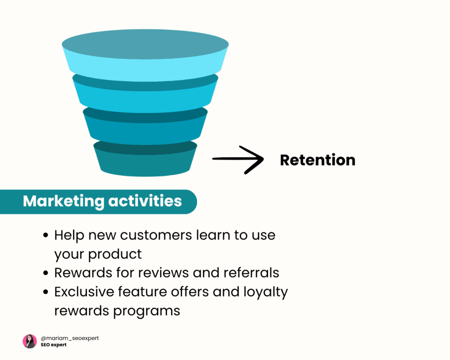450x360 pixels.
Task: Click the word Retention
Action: tap(317, 160)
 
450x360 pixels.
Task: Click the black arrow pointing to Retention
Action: tap(237, 159)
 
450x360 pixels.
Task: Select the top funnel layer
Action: tap(145, 57)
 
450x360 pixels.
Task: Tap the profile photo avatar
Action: tap(29, 341)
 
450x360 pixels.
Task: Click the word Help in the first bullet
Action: tap(69, 235)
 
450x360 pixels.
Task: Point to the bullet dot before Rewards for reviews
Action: tap(46, 273)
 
